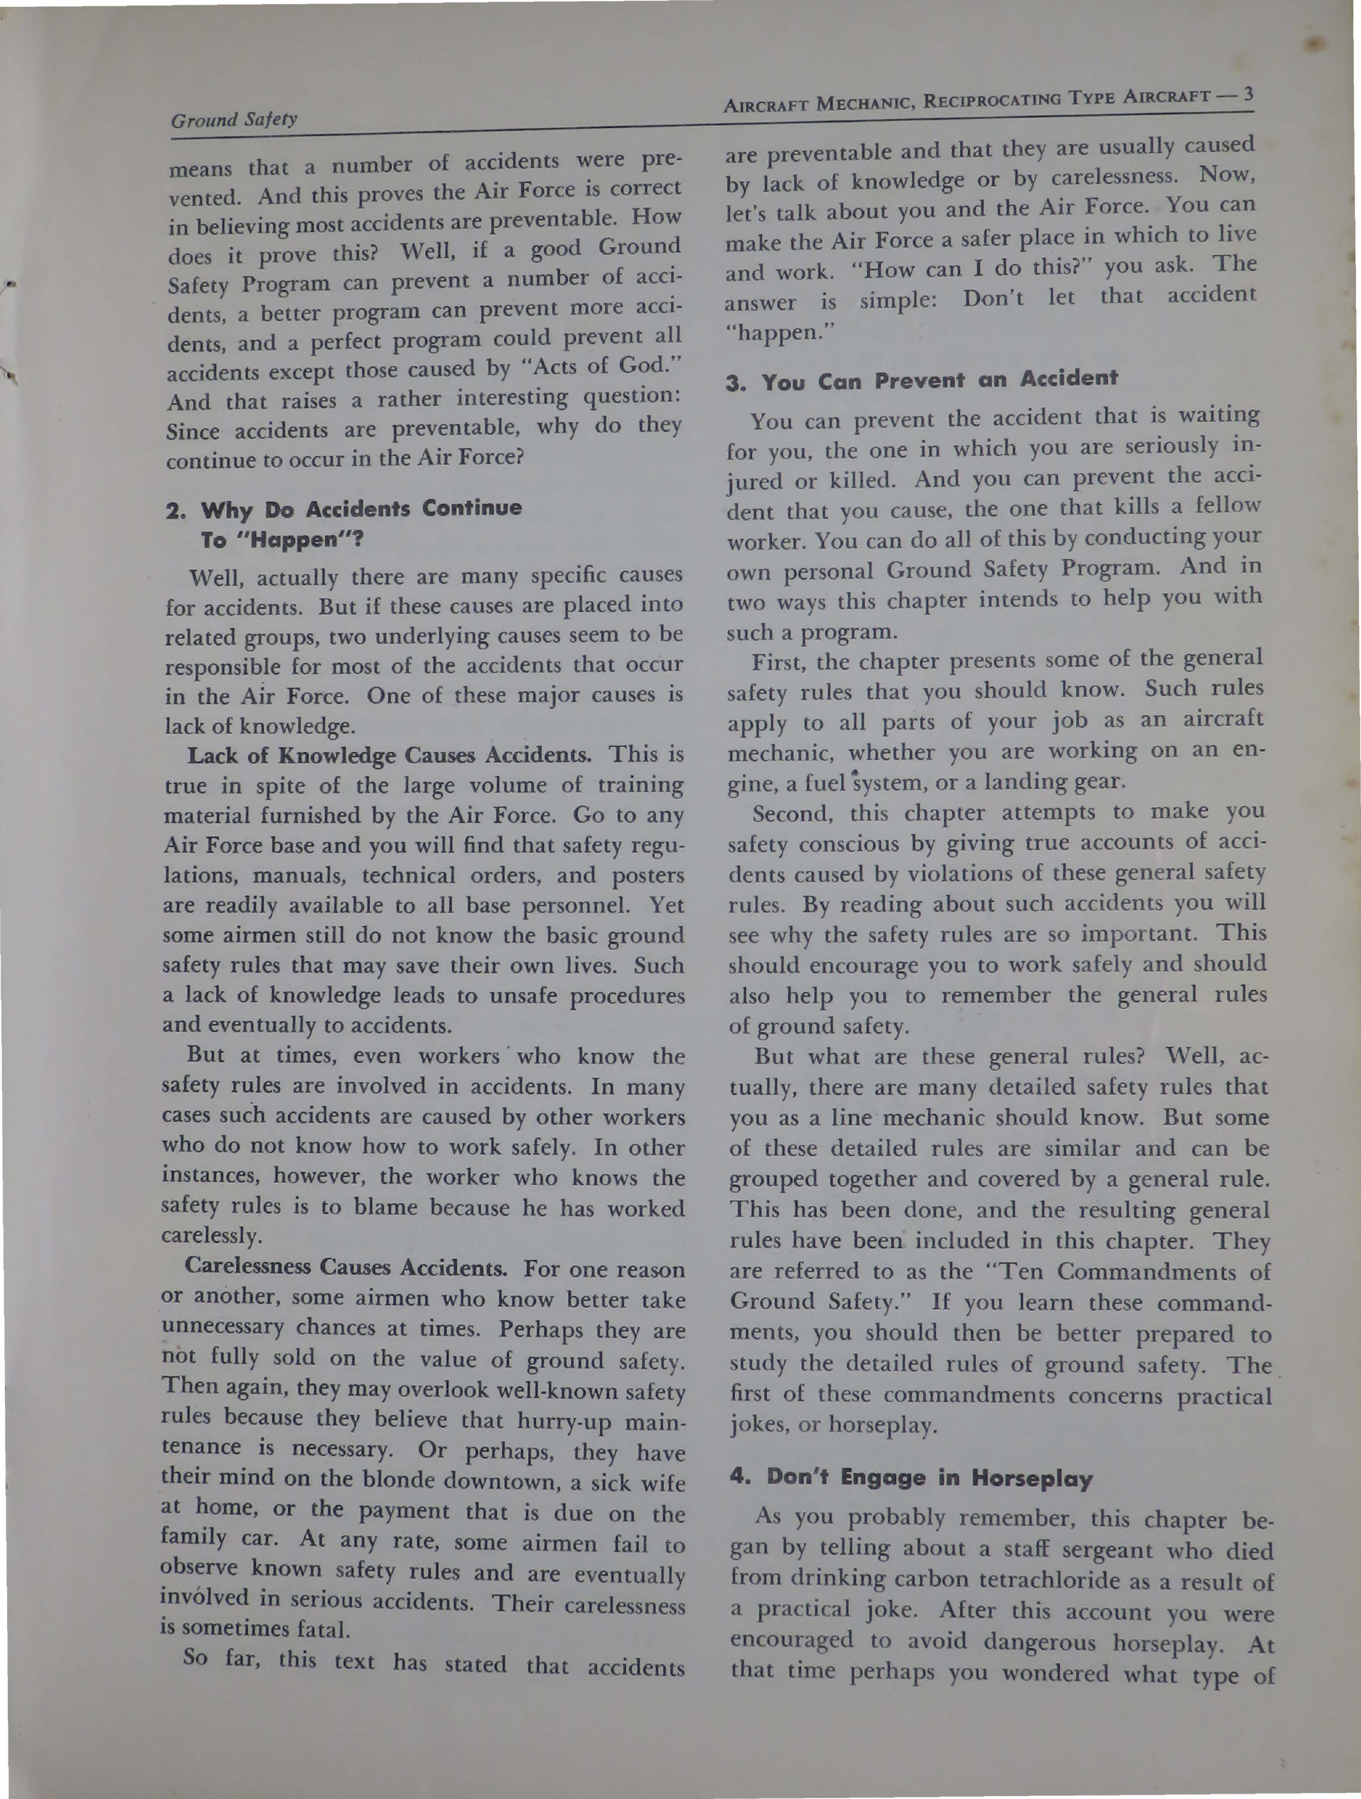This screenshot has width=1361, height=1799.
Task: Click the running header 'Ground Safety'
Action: pyautogui.click(x=234, y=119)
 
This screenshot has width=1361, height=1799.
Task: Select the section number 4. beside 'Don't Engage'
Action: pyautogui.click(x=740, y=1478)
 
